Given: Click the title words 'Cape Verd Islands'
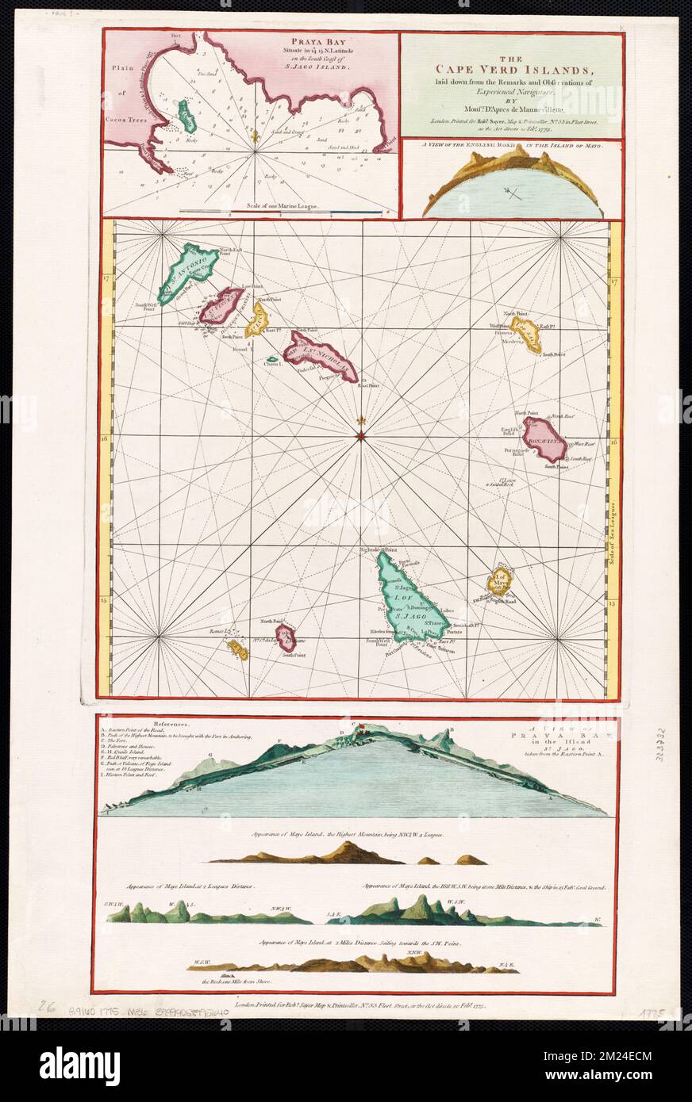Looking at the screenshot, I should tap(511, 67).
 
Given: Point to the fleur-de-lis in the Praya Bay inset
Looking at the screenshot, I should tap(255, 137).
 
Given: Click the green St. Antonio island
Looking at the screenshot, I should tap(188, 271).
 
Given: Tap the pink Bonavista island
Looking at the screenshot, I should tap(544, 442).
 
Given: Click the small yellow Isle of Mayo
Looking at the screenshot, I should tap(501, 585).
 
